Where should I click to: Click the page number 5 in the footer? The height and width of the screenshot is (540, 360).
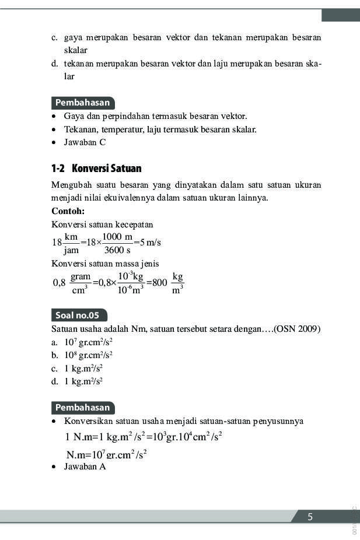(x=310, y=517)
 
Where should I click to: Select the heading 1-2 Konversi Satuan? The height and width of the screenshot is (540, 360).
(x=96, y=169)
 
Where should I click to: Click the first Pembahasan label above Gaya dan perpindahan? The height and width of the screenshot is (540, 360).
(x=82, y=103)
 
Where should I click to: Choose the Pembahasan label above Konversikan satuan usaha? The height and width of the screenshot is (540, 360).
(x=82, y=408)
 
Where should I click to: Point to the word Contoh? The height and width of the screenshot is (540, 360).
(x=68, y=211)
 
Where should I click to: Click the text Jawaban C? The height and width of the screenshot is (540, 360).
(x=85, y=142)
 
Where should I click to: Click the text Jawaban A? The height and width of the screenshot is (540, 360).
(x=85, y=467)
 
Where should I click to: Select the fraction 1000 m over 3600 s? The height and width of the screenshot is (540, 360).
(x=117, y=243)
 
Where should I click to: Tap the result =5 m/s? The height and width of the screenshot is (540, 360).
(x=148, y=243)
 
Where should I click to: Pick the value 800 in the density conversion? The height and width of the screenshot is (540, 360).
(x=159, y=283)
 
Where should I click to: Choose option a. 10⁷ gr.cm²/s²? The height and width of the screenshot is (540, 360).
(x=82, y=342)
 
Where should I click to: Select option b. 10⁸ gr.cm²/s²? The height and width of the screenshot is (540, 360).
(x=82, y=355)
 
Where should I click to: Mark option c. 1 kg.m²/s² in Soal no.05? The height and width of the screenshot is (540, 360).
(x=77, y=369)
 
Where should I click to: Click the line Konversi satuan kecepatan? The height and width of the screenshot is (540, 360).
(x=102, y=225)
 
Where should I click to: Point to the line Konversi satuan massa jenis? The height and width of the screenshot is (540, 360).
(x=105, y=264)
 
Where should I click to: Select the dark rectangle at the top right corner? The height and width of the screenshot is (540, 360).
(x=340, y=15)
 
